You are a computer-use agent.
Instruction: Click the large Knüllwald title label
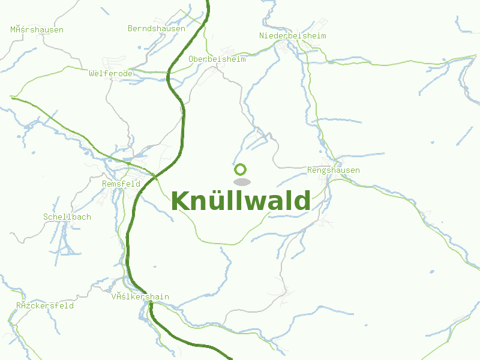(241, 201)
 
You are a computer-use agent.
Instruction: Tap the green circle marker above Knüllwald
(241, 169)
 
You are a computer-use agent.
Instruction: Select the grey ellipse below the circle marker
(242, 182)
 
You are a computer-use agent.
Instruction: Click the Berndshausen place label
(157, 28)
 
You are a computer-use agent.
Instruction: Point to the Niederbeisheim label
(293, 36)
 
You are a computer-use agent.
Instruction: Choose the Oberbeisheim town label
(217, 59)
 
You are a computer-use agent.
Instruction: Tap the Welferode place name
(110, 73)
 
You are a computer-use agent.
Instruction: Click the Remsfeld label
(121, 184)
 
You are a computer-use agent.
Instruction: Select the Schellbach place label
(67, 217)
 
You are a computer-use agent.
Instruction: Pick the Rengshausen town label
(334, 170)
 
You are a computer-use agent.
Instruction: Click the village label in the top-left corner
(37, 29)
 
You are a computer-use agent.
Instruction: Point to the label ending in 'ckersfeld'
(45, 305)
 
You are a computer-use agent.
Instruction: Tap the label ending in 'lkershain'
(140, 297)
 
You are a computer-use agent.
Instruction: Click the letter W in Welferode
(91, 73)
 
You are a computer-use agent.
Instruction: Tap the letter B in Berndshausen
(130, 28)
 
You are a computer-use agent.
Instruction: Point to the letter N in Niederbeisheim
(262, 36)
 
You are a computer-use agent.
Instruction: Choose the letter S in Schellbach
(46, 217)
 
